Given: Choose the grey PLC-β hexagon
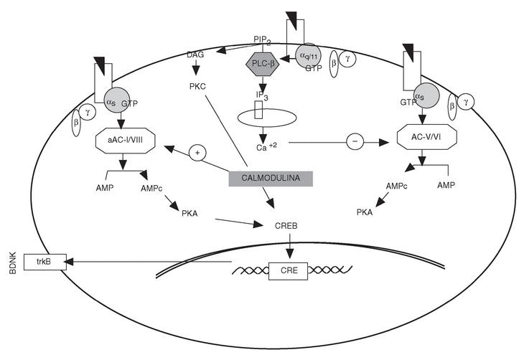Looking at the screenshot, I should pos(266,62).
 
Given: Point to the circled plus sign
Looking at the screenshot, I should pos(198,153).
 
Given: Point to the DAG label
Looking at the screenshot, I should pos(195,54).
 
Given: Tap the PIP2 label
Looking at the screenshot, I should pos(263,39).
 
